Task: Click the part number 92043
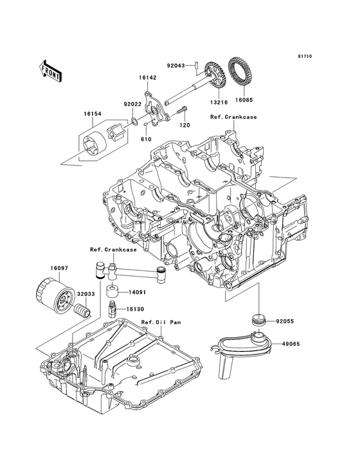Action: pos(176,65)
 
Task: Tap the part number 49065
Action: pos(293,344)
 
